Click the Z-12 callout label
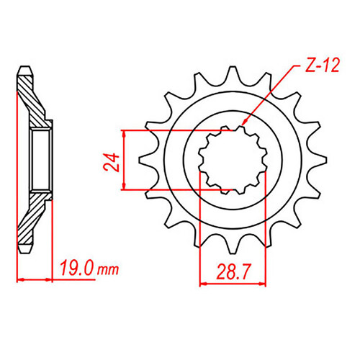coord(323,66)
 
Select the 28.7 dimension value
coord(233,272)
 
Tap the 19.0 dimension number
coord(77,268)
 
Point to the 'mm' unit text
coord(108,270)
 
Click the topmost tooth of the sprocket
coord(233,76)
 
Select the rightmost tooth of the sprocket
coord(317,160)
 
